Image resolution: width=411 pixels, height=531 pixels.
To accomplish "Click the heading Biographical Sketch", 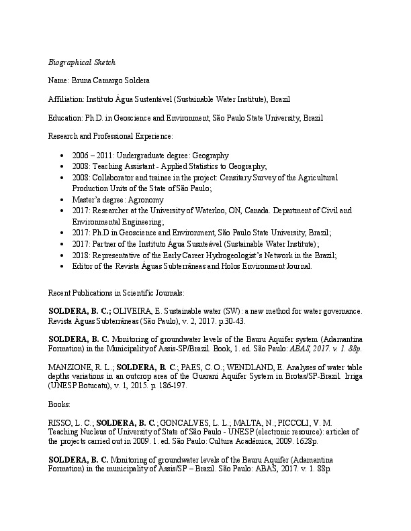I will [82, 62].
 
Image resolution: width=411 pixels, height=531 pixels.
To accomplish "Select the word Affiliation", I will [66, 99].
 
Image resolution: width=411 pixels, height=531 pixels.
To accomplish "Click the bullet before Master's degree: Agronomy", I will [62, 200].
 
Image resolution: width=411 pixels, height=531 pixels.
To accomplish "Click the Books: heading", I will [60, 405].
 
